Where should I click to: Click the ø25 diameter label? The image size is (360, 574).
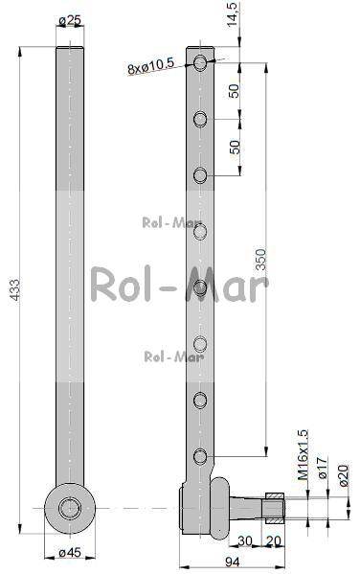69,20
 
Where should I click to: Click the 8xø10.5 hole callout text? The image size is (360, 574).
150,67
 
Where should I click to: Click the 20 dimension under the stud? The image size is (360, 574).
274,541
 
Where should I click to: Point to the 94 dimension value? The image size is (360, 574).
230,562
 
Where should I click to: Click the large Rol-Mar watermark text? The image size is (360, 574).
179,285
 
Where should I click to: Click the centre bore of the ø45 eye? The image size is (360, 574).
69,508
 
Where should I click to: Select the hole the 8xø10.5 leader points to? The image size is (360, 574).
200,63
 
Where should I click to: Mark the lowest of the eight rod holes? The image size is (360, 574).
200,456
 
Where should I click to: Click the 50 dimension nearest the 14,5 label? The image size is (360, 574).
234,92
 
